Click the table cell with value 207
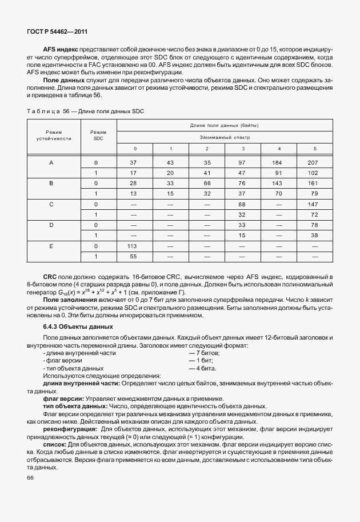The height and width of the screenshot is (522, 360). [x=312, y=163]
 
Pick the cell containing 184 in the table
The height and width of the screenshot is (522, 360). [x=279, y=163]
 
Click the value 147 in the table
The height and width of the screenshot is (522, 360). [x=312, y=204]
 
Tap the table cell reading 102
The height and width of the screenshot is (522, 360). [x=312, y=173]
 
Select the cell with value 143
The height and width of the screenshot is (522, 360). [x=279, y=184]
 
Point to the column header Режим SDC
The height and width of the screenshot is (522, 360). [x=98, y=134]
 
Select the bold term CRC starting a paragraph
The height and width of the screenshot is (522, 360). [x=50, y=277]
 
